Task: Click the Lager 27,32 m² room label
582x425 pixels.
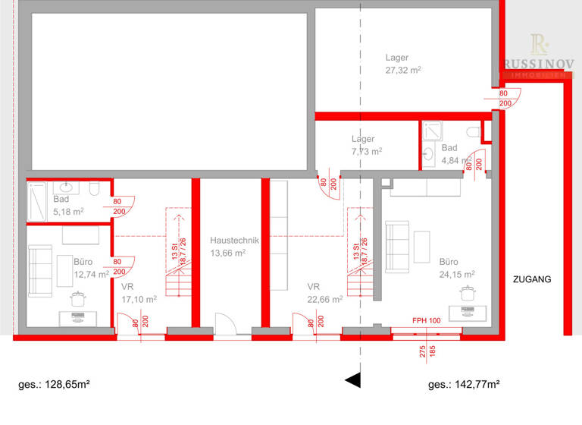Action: point(402,63)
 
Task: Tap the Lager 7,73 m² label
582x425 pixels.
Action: point(366,145)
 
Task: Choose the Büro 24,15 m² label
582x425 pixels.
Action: point(457,267)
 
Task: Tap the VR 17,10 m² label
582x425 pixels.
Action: point(138,293)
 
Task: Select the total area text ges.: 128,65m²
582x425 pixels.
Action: point(55,385)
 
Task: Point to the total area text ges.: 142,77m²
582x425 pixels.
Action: point(464,385)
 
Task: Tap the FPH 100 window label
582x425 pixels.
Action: point(426,320)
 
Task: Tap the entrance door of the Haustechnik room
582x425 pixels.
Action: point(226,326)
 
